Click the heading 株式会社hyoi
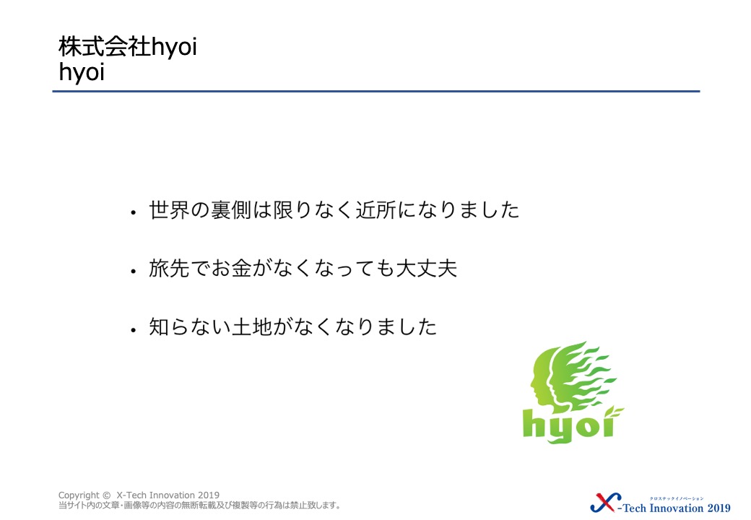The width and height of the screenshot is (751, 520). click(x=128, y=47)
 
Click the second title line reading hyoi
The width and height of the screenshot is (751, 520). click(x=82, y=72)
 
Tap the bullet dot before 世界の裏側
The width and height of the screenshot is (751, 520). click(x=133, y=212)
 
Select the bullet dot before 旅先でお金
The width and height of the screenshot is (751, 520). click(x=133, y=271)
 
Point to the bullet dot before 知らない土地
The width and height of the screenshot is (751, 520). click(x=133, y=329)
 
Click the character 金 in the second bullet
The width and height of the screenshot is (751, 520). click(x=242, y=269)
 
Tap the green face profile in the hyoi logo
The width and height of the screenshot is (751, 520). click(x=545, y=379)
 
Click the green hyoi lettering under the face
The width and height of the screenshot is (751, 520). click(x=570, y=425)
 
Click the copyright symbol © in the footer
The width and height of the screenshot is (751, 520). click(x=106, y=495)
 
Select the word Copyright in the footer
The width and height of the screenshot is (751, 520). click(x=79, y=495)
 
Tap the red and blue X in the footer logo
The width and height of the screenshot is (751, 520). click(x=605, y=503)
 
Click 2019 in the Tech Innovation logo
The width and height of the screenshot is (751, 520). click(x=719, y=508)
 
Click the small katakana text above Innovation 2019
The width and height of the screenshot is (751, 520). click(x=677, y=498)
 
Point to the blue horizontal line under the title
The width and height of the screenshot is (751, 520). click(x=376, y=91)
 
